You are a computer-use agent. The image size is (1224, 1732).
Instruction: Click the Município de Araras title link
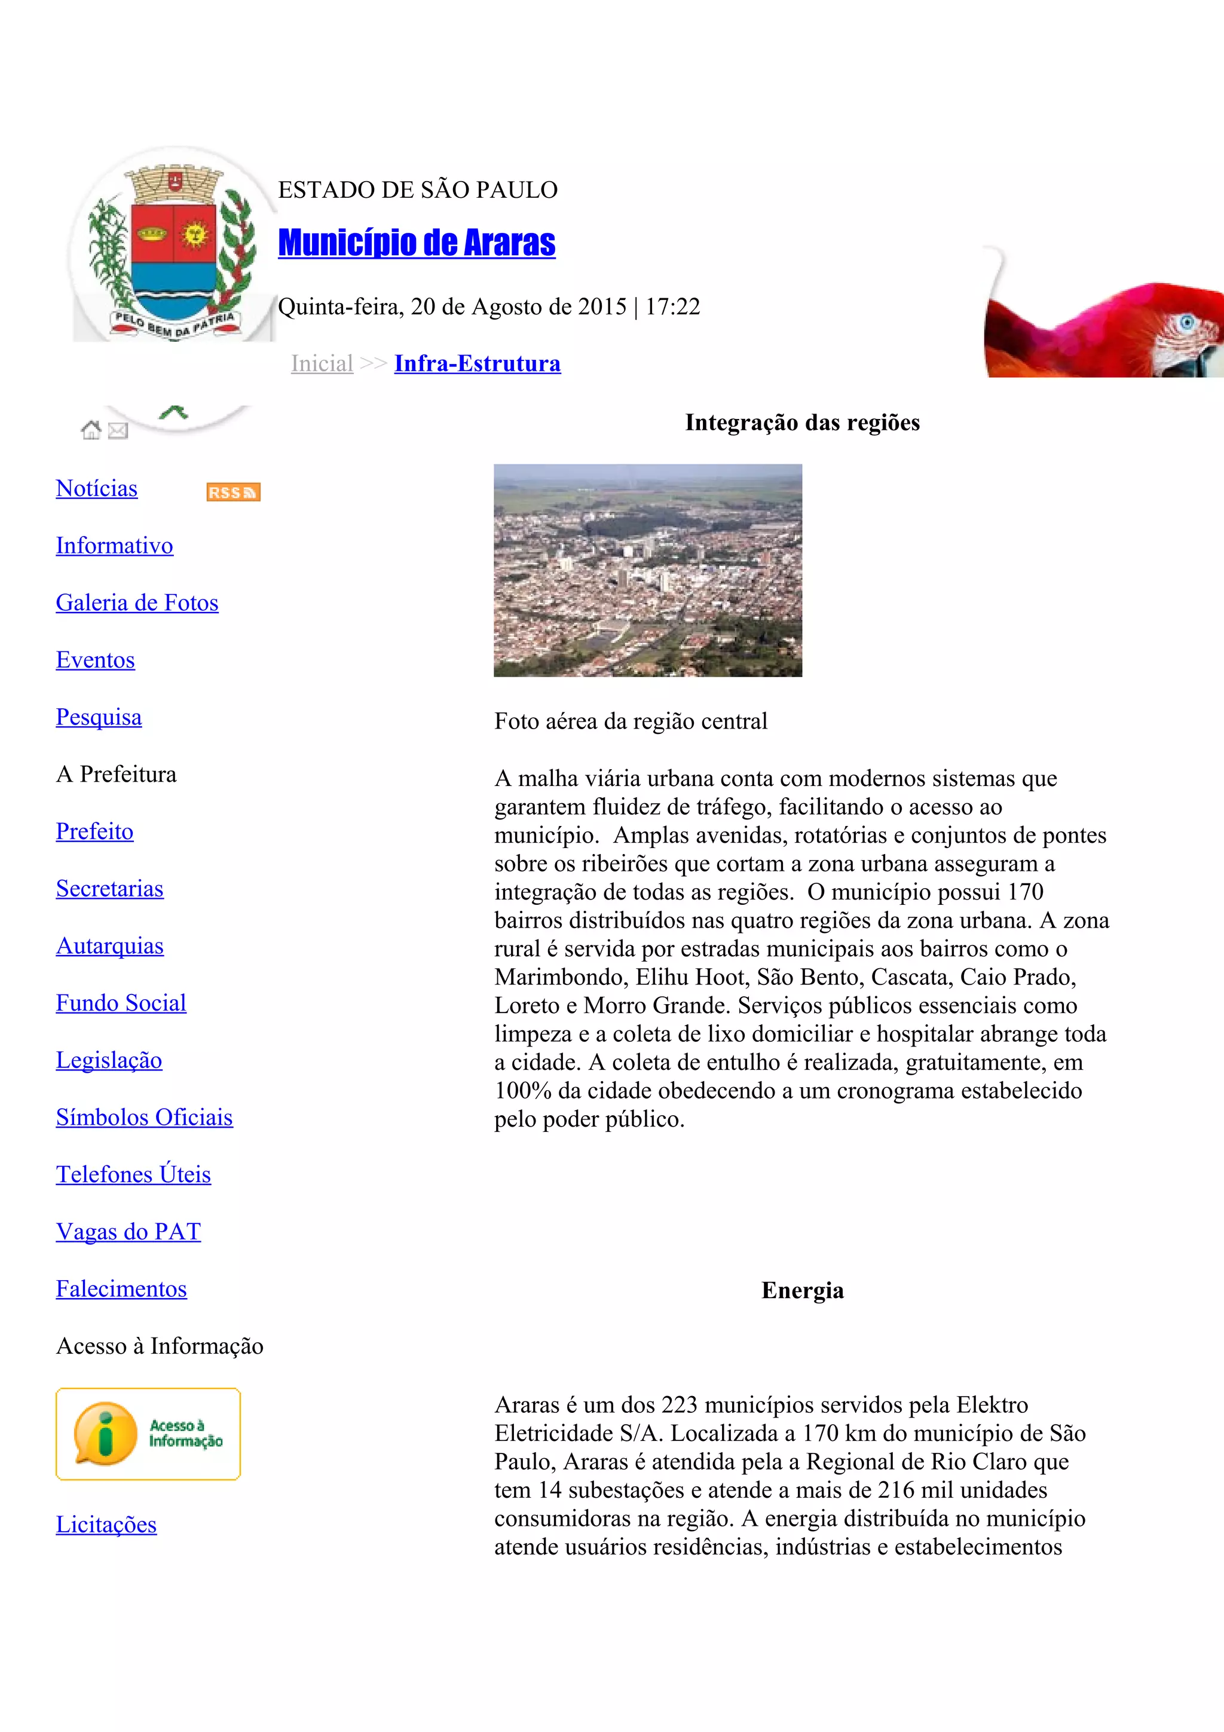point(417,243)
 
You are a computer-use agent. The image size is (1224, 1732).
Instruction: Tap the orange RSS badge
point(233,492)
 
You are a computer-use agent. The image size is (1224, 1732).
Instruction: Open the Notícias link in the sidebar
point(97,489)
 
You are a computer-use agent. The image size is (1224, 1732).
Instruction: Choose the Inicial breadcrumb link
point(322,363)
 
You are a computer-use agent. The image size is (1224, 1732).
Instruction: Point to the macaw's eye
point(1187,325)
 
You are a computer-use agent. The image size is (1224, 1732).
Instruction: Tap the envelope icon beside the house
point(118,431)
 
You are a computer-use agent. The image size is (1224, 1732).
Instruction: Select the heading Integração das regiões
point(803,423)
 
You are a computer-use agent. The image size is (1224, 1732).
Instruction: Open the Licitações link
point(106,1525)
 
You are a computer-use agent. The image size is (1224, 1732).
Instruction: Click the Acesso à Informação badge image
point(148,1434)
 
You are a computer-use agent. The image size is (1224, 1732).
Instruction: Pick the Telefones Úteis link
point(133,1174)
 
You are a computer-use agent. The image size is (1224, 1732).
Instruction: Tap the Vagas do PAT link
point(128,1232)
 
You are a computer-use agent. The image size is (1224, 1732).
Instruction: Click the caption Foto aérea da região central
point(631,721)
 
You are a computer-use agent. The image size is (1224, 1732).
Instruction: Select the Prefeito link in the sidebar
point(94,831)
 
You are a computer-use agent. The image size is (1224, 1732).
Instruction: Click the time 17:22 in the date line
point(673,307)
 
